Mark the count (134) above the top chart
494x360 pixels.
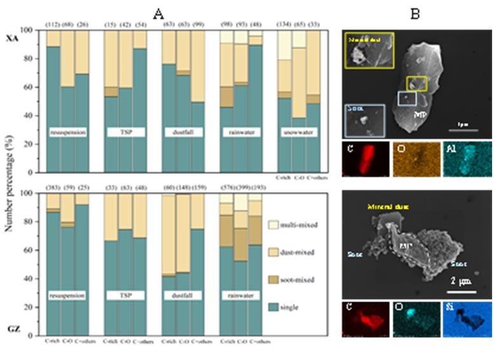tap(283, 25)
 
